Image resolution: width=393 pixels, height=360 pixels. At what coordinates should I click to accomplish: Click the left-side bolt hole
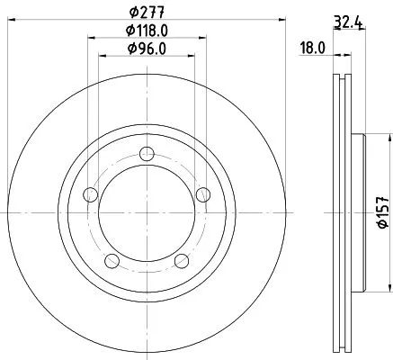90,193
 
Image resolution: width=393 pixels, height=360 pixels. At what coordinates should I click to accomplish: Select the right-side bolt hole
201,193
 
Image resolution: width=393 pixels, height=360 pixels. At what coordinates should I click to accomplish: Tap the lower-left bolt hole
112,261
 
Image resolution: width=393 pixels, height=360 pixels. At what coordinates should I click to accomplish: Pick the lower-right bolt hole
180,261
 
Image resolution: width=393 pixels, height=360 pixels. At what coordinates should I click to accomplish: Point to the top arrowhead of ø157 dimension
389,138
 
